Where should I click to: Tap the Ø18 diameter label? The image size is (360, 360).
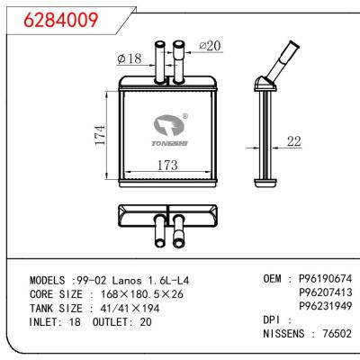[x=128, y=58]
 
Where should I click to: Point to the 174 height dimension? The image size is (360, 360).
[x=102, y=136]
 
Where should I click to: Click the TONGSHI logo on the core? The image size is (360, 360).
[x=167, y=130]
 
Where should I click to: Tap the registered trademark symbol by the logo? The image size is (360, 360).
[x=184, y=116]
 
